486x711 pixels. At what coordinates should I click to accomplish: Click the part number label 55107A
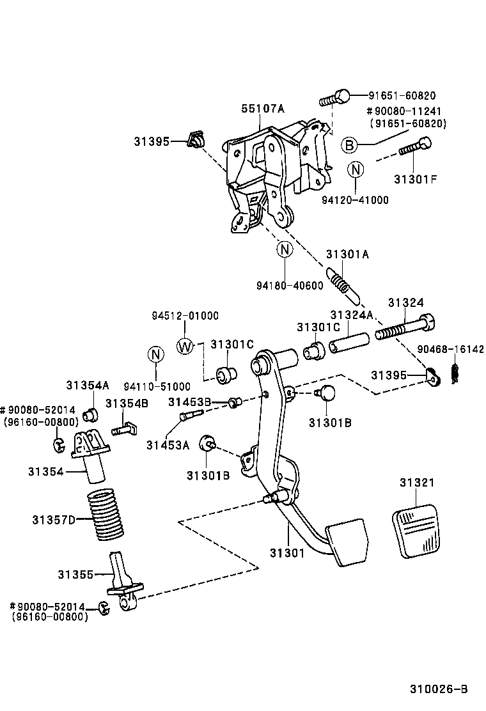[262, 109]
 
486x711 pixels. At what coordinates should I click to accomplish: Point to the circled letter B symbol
[349, 145]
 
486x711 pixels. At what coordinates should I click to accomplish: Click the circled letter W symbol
[185, 346]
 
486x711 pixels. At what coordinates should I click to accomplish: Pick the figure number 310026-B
[439, 689]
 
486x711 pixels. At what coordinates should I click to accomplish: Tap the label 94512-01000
[185, 316]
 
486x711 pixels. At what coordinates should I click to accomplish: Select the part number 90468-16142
[451, 350]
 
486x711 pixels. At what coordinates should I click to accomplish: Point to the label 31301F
[415, 179]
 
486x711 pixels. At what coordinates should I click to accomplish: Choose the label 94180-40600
[289, 286]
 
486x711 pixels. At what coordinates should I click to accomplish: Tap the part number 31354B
[127, 403]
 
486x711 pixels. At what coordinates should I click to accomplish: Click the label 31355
[76, 574]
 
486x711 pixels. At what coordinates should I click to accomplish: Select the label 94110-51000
[157, 386]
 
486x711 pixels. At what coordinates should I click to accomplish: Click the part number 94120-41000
[355, 199]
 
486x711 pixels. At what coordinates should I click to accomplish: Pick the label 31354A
[88, 385]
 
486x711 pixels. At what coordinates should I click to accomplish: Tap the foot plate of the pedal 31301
[347, 543]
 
